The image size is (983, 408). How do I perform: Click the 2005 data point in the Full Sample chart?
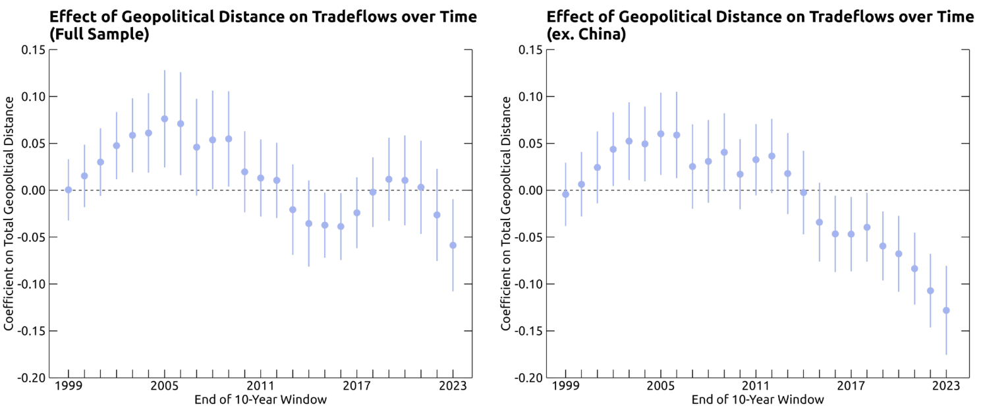pyautogui.click(x=164, y=119)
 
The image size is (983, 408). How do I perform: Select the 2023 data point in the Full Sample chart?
pyautogui.click(x=453, y=245)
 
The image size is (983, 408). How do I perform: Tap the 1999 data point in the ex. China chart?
pyautogui.click(x=565, y=194)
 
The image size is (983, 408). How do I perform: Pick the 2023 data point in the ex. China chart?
pyautogui.click(x=946, y=310)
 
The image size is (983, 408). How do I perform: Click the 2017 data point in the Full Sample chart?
pyautogui.click(x=356, y=213)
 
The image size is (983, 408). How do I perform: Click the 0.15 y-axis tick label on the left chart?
pyautogui.click(x=33, y=49)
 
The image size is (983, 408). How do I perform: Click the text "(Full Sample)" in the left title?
pyautogui.click(x=99, y=34)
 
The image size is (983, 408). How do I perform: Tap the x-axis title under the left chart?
pyautogui.click(x=260, y=399)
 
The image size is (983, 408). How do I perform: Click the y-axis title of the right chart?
pyautogui.click(x=507, y=213)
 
